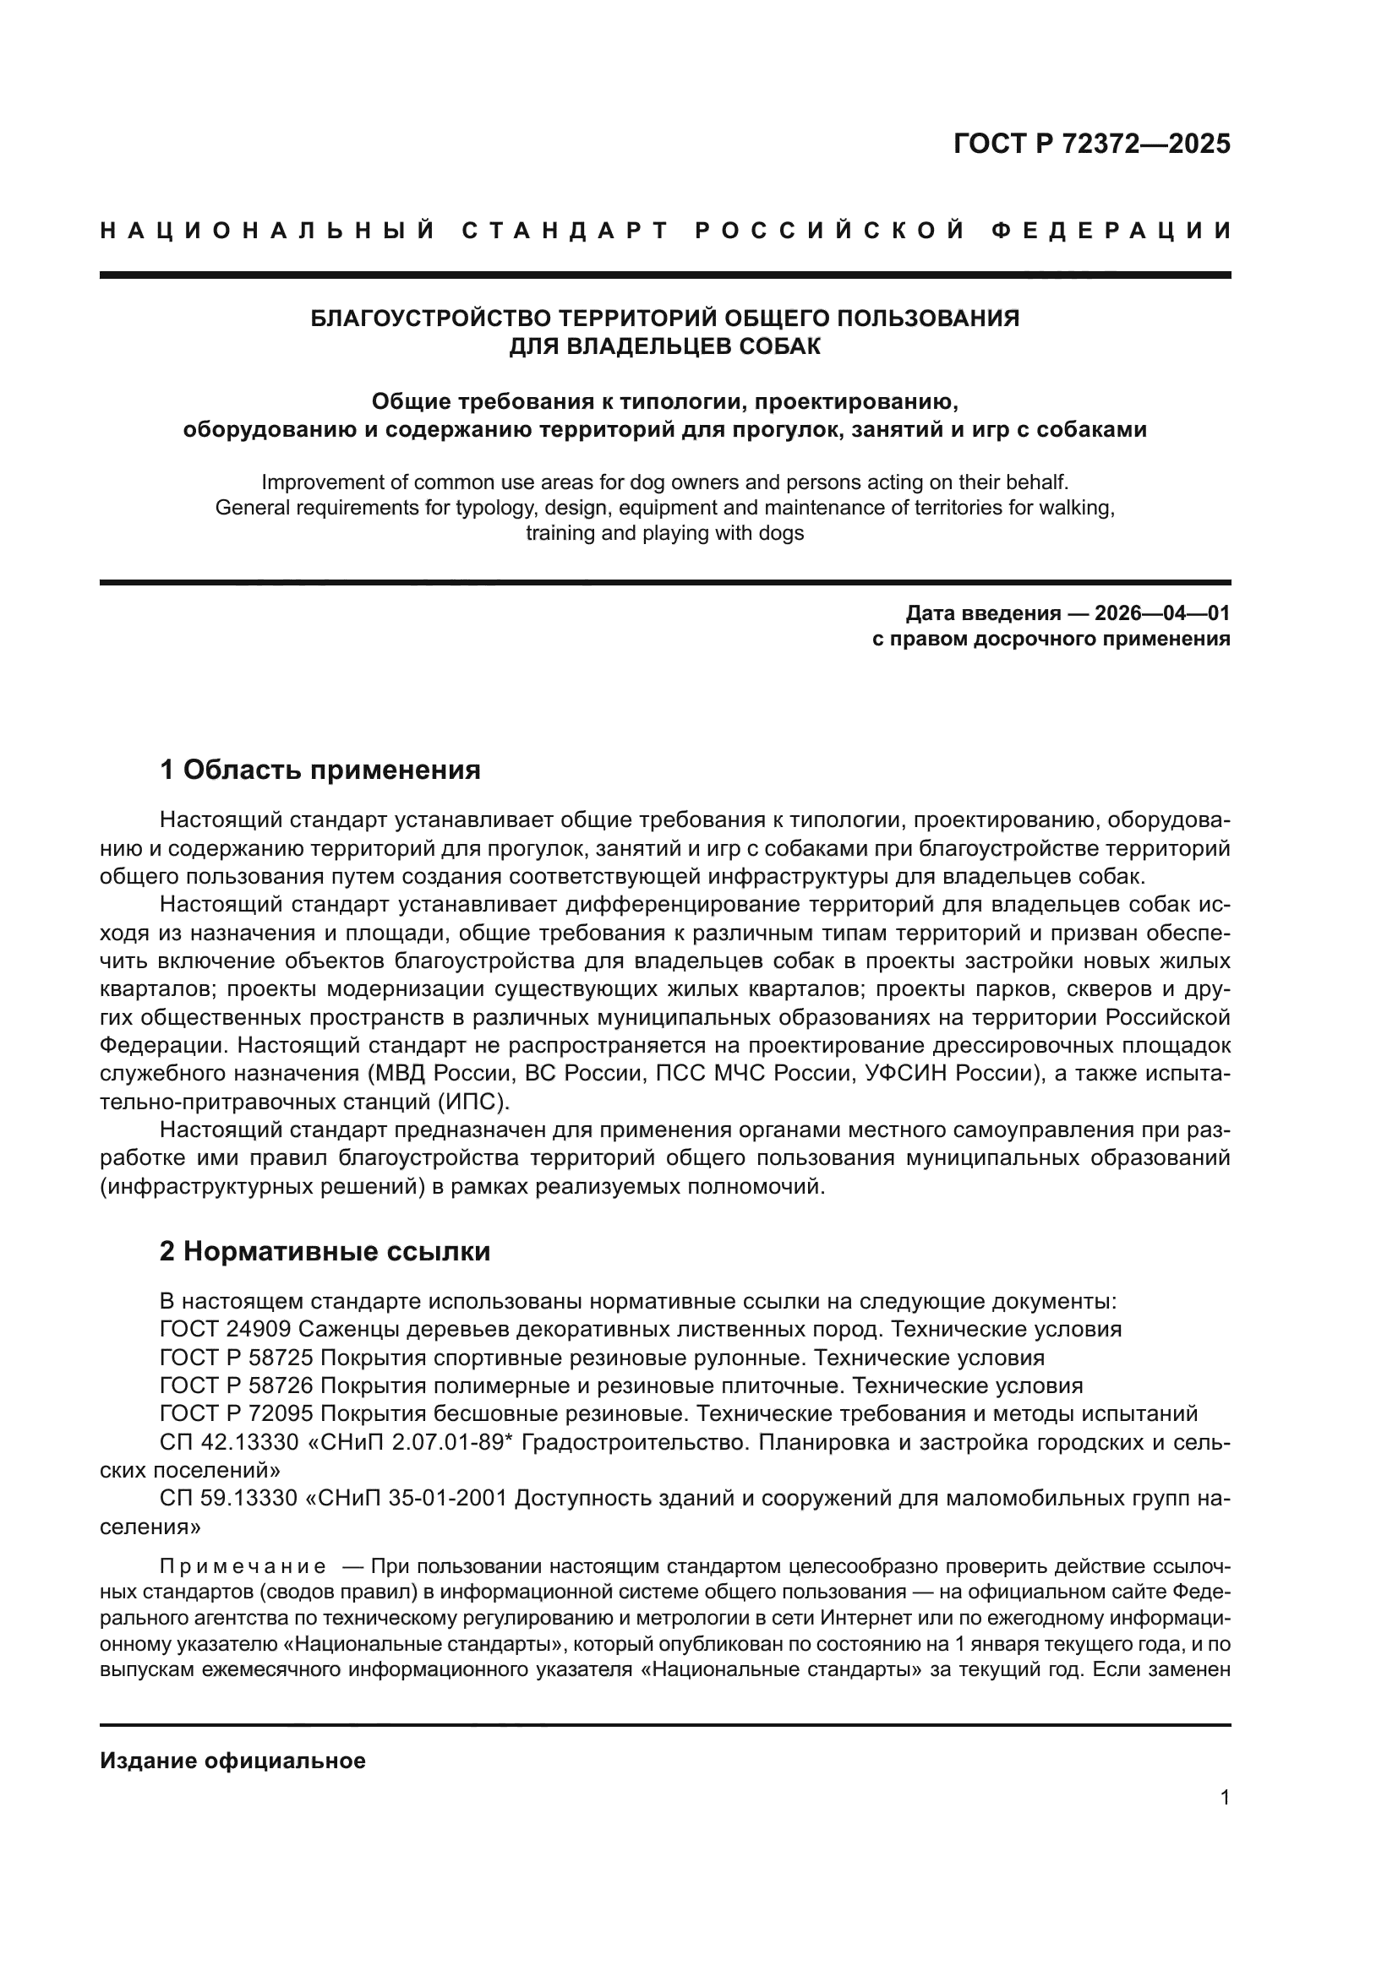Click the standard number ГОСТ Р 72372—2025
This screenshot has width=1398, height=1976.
1091,144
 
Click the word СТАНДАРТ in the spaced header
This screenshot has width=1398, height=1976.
565,231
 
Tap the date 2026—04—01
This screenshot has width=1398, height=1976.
1162,612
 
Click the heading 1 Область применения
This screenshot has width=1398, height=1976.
320,770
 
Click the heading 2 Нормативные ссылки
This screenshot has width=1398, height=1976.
325,1250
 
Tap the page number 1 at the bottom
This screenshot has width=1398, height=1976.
1225,1798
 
